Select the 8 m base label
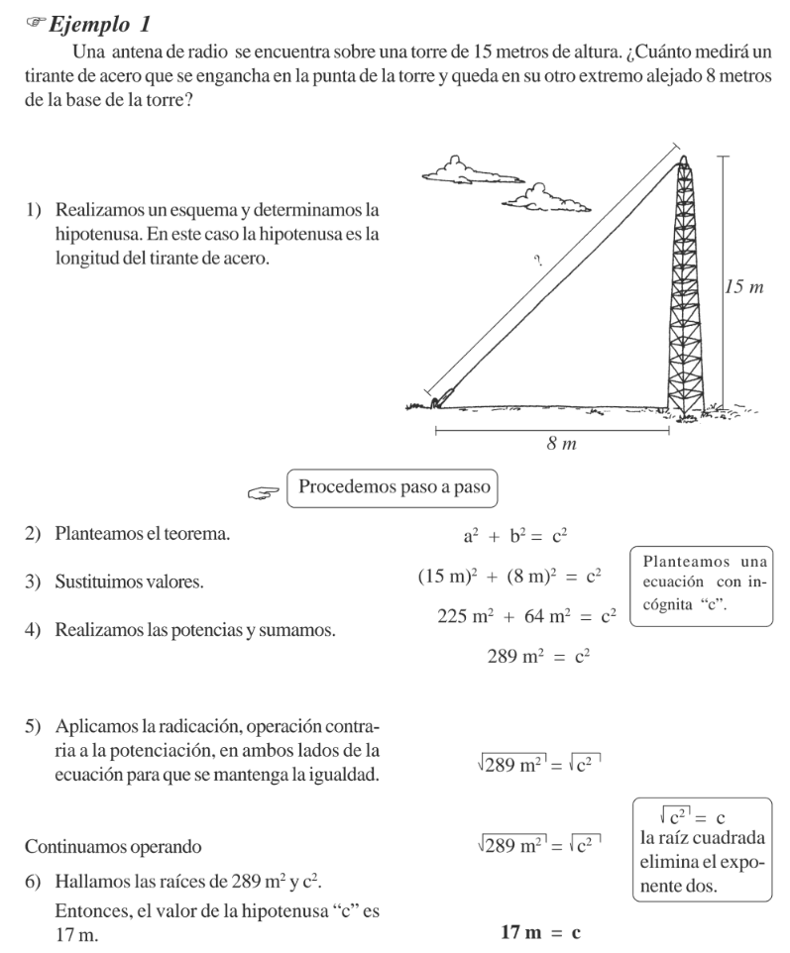point(561,444)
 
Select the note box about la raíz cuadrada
point(702,850)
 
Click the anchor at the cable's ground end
point(437,400)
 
